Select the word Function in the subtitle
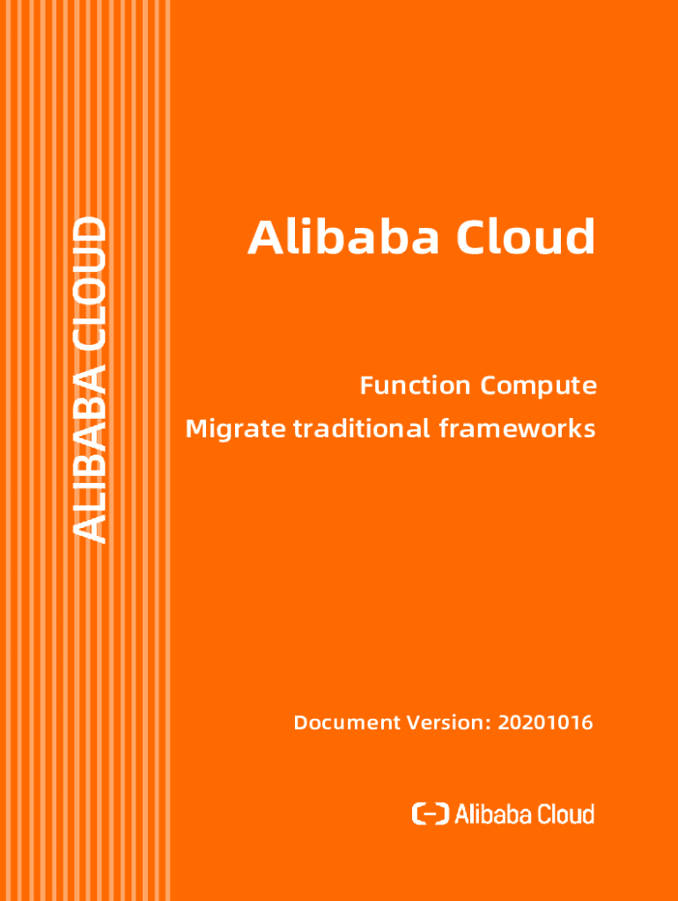coord(415,385)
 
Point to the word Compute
coord(539,385)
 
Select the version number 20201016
coord(545,723)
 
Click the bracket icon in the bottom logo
coord(431,814)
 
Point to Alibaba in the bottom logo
coord(494,814)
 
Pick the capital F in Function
coord(366,385)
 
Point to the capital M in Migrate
coord(195,430)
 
